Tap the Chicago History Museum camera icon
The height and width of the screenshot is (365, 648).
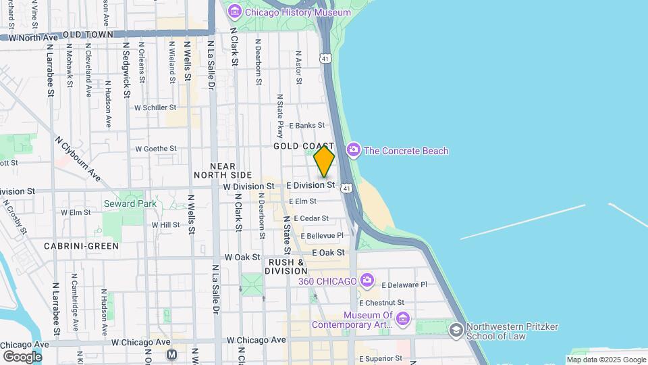click(x=234, y=11)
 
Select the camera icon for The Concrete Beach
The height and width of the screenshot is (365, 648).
click(x=353, y=150)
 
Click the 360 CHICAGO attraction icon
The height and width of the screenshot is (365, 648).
click(x=367, y=280)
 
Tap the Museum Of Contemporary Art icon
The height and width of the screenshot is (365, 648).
click(x=403, y=318)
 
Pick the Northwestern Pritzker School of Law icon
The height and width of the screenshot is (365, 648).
click(x=456, y=330)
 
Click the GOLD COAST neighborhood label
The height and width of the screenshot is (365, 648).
click(x=303, y=146)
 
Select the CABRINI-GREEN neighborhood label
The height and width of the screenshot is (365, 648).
click(x=82, y=246)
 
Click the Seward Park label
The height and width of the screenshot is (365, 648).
click(x=130, y=203)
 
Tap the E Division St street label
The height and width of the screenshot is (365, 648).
click(x=310, y=185)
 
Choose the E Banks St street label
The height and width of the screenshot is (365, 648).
click(x=306, y=125)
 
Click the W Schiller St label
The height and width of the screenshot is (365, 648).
click(x=155, y=107)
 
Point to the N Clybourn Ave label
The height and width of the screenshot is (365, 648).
click(x=78, y=160)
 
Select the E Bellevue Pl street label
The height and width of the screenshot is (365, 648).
click(x=322, y=235)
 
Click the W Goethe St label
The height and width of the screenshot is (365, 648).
click(x=156, y=148)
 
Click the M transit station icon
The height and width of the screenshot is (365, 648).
click(x=171, y=354)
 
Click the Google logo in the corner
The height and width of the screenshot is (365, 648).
click(x=22, y=356)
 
